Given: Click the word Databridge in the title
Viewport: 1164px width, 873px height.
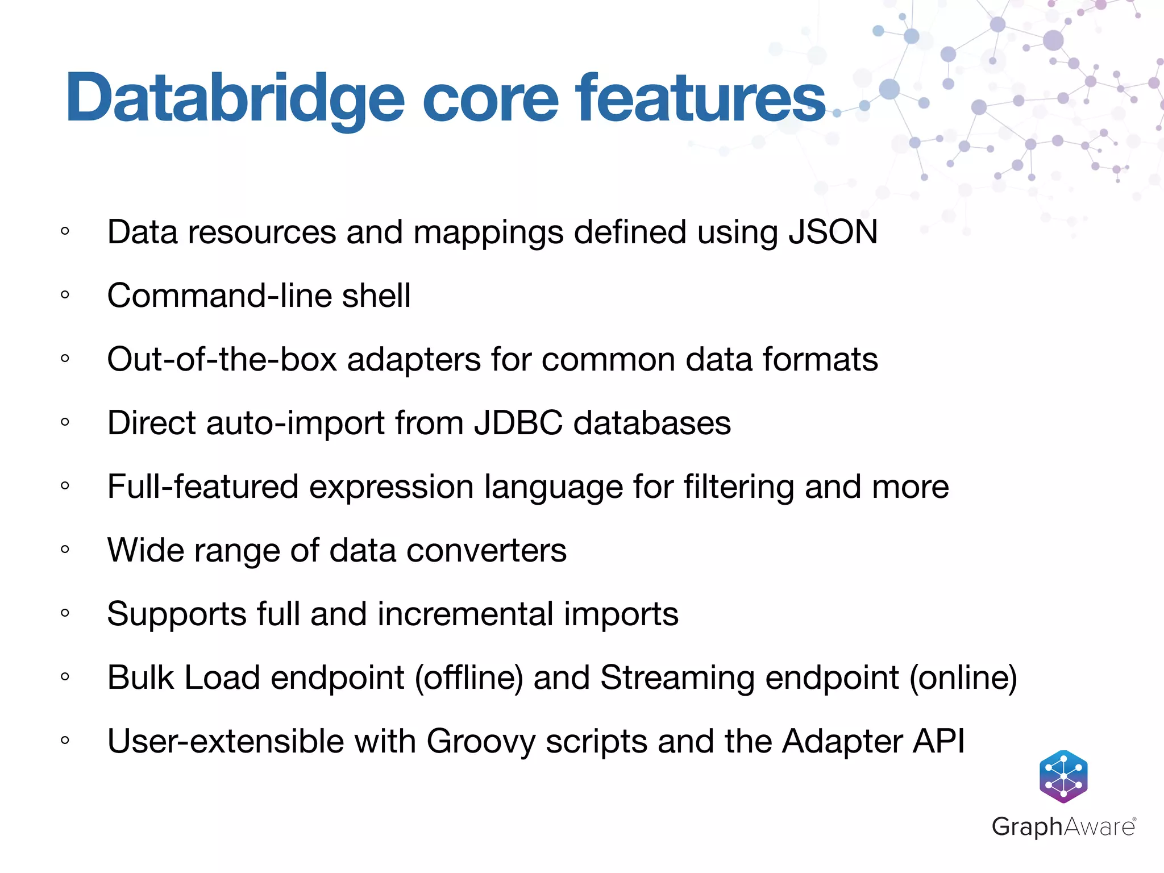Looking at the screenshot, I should tap(235, 98).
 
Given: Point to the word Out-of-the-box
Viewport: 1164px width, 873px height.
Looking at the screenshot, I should tap(222, 360).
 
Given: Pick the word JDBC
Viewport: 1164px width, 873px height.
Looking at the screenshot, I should tap(518, 423).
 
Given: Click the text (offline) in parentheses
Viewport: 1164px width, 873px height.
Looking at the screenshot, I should tap(469, 678).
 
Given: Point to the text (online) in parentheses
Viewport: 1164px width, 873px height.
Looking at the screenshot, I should tap(963, 678).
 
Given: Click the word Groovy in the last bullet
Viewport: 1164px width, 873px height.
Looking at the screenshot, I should tap(481, 742).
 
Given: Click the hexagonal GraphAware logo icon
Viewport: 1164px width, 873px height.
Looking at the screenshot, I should tap(1063, 776).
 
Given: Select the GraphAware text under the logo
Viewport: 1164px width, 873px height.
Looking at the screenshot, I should tap(1063, 826).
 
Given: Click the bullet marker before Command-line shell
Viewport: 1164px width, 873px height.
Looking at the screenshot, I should tap(65, 295).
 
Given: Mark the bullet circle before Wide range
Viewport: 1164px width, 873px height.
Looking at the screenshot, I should tap(65, 550).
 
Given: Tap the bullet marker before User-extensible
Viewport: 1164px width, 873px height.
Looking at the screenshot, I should tap(65, 741).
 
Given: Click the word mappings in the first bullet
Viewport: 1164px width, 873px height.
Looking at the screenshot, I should tap(489, 232).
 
